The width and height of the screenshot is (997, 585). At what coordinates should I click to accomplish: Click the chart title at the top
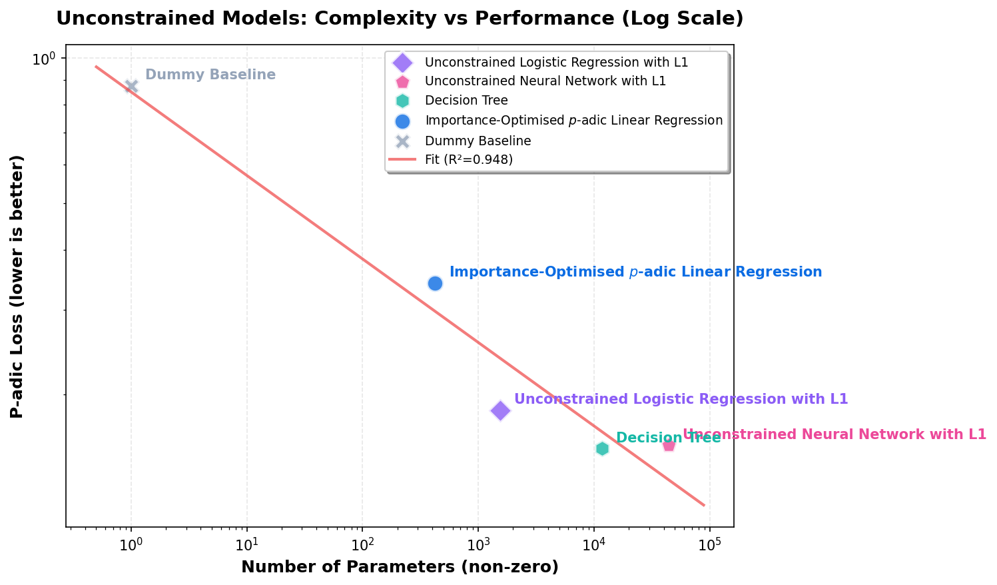400,18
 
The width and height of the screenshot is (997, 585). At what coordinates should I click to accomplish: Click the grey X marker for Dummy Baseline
131,86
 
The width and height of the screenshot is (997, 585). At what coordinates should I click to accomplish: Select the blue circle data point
435,283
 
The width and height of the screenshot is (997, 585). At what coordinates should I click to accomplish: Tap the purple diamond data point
500,410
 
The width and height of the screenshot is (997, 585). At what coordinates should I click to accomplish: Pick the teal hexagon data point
602,448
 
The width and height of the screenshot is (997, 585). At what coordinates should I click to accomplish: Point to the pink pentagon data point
669,444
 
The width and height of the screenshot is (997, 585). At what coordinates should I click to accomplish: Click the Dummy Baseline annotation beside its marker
210,75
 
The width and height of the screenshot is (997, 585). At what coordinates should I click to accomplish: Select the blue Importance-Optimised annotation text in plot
635,272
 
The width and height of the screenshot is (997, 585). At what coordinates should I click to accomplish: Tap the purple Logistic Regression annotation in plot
681,399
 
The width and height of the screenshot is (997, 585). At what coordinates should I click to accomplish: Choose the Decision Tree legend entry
466,101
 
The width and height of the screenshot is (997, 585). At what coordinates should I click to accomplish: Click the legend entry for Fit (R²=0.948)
468,160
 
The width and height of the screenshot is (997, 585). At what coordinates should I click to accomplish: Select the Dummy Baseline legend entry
478,141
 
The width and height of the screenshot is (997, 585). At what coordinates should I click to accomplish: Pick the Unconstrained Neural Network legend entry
545,81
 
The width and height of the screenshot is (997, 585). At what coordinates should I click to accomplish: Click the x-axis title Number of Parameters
400,567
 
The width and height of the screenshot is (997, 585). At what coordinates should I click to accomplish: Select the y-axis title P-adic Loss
17,287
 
